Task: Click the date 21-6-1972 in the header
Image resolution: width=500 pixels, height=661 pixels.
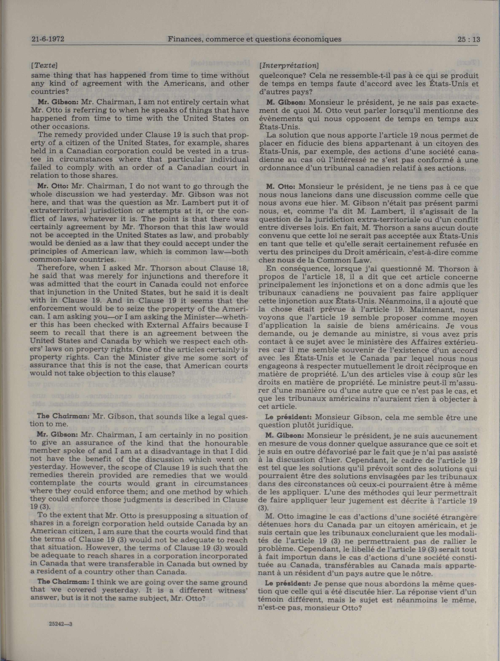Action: tap(48, 39)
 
